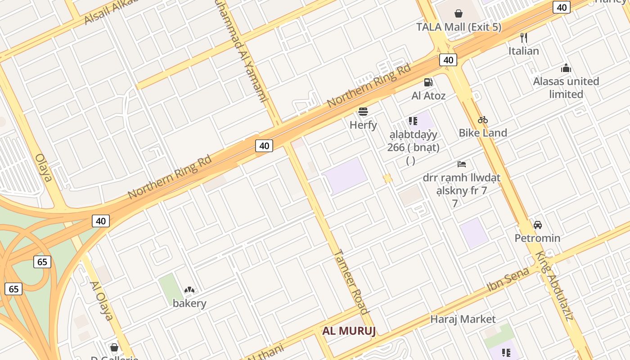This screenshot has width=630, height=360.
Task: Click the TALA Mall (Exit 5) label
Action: [x=459, y=27]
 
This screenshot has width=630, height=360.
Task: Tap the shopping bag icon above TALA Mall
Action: [x=459, y=13]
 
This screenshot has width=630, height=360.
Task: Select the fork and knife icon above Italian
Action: [x=523, y=37]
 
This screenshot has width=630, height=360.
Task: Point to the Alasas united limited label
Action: [x=566, y=88]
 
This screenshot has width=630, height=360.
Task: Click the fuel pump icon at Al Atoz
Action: [x=428, y=82]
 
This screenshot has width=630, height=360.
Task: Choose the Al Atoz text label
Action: [x=428, y=95]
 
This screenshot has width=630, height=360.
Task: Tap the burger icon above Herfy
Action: [x=363, y=111]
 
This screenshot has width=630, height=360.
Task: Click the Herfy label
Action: [x=363, y=125]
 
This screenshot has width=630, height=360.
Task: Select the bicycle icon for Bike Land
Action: [x=483, y=120]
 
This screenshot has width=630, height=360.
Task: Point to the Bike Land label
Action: [x=483, y=133]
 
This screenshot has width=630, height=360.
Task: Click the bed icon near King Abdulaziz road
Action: [x=462, y=164]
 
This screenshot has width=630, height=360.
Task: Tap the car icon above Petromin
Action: [x=537, y=225]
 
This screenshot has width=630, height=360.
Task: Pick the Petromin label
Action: [x=537, y=238]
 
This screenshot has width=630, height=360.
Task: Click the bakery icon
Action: [x=189, y=290]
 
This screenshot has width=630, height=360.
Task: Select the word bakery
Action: [x=189, y=303]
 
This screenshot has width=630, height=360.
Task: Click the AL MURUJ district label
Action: [x=349, y=331]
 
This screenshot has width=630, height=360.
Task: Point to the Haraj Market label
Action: [x=463, y=319]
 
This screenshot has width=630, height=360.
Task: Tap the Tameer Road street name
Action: [x=351, y=282]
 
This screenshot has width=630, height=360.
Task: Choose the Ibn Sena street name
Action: [x=508, y=279]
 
